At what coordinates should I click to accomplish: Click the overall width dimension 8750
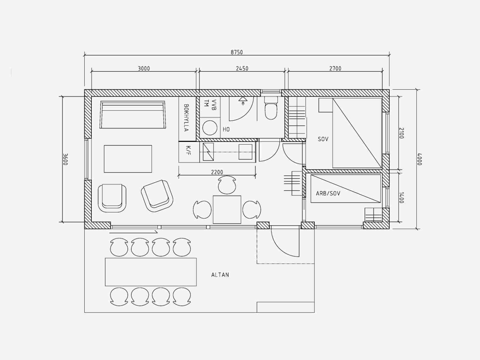(x=237, y=52)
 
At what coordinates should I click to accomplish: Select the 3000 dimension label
(x=144, y=69)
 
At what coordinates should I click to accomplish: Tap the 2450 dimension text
(x=242, y=69)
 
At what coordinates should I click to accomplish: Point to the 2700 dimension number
(x=335, y=69)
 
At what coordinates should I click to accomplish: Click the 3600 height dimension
(x=65, y=159)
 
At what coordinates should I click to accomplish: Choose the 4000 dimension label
(x=419, y=159)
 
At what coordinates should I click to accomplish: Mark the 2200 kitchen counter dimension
(x=217, y=172)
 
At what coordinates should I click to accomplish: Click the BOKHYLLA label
(x=186, y=118)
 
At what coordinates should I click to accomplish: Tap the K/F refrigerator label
(x=188, y=150)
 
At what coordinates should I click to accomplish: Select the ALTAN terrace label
(x=220, y=275)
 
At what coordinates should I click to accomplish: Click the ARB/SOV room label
(x=328, y=193)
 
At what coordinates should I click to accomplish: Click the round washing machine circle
(x=210, y=128)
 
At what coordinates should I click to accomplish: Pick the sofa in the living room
(x=133, y=115)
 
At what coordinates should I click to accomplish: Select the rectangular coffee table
(x=128, y=159)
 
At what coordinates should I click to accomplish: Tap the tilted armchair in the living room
(x=157, y=196)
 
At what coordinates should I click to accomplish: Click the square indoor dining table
(x=227, y=210)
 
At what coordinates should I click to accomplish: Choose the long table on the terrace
(x=151, y=272)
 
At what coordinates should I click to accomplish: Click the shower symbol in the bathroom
(x=243, y=100)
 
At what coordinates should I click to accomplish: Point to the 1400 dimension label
(x=401, y=198)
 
